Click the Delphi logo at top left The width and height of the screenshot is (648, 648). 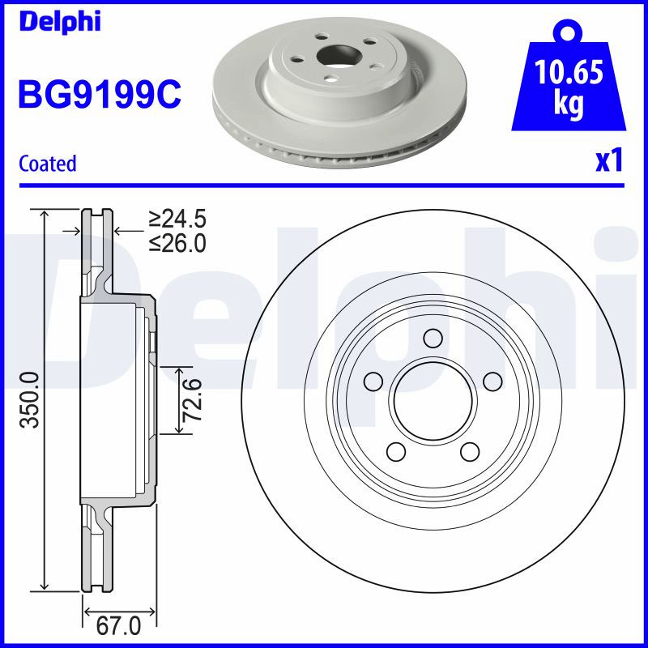tap(60, 22)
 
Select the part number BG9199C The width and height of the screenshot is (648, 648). tap(100, 94)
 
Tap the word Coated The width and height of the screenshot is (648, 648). tap(48, 164)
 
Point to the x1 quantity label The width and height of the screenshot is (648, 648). tap(609, 161)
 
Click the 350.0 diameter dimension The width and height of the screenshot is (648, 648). tap(29, 399)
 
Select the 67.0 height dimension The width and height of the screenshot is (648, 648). tap(118, 626)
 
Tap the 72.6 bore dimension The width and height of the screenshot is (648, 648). tap(194, 399)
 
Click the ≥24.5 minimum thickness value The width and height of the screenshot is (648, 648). tap(177, 219)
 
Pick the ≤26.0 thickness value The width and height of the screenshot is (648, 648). tap(177, 243)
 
